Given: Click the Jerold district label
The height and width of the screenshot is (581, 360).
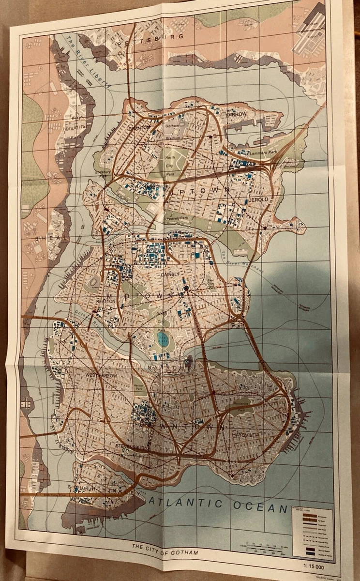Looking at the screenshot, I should pyautogui.click(x=259, y=199).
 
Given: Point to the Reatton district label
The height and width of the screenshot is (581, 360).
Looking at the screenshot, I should pyautogui.click(x=106, y=300).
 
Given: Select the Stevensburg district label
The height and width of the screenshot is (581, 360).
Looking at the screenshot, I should pyautogui.click(x=131, y=448).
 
